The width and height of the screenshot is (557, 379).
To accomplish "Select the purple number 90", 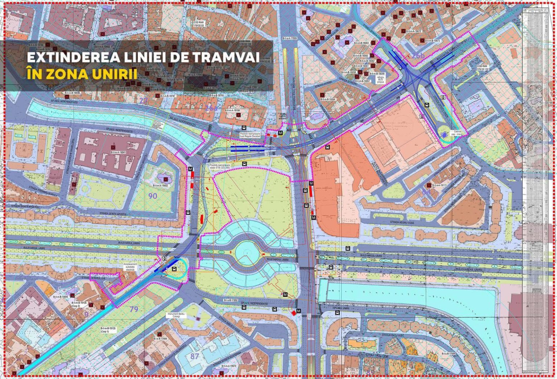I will coord(153,196).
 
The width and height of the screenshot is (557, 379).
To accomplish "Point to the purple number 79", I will coord(134,309).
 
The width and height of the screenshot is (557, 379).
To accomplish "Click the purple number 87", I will coord(195,356).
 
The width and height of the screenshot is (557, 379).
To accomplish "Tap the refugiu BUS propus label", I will coord(380,80).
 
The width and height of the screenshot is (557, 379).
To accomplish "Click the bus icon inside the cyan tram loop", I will coord(174,269).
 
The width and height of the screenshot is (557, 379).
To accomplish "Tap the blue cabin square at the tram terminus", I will coord(444,135).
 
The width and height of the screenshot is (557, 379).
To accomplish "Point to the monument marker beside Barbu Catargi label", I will coord(198,318).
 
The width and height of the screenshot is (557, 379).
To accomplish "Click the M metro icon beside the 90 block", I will coord(190,169).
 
